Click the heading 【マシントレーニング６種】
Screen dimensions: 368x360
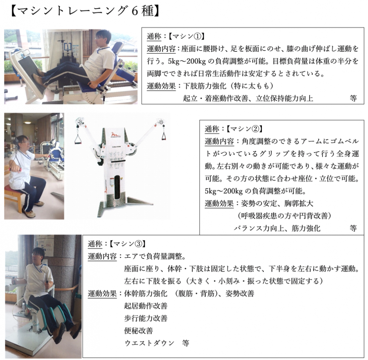click(x=85, y=11)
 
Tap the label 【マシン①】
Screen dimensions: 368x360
click(x=187, y=36)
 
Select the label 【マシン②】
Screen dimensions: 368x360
click(x=245, y=129)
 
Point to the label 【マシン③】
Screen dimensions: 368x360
click(x=128, y=244)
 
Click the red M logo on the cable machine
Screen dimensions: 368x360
click(x=116, y=135)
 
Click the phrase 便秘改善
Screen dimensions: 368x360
click(x=139, y=331)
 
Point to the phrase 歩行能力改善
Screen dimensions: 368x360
click(x=146, y=318)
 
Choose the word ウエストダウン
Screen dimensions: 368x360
click(x=150, y=343)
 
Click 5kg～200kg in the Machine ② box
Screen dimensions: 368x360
click(x=224, y=191)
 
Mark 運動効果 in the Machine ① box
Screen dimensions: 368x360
click(x=161, y=86)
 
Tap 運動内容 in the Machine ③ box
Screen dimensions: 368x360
click(x=102, y=256)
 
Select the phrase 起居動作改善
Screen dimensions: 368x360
click(x=146, y=306)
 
